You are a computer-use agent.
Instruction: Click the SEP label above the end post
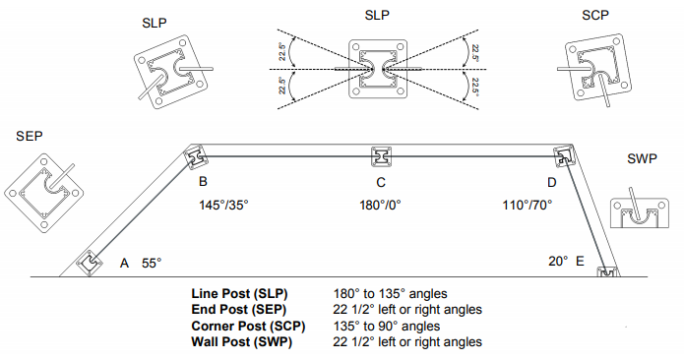(x=30, y=136)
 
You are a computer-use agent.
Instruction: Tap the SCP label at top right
(x=595, y=16)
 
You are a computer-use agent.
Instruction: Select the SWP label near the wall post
(x=642, y=158)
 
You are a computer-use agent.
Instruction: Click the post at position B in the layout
(x=195, y=157)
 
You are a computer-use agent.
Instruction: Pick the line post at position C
(x=381, y=156)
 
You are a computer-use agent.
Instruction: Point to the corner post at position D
(x=565, y=156)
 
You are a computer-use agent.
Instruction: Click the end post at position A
(x=90, y=263)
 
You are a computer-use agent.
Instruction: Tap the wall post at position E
(x=608, y=271)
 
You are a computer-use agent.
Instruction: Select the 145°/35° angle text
(x=223, y=205)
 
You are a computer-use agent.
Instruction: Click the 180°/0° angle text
(x=380, y=205)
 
